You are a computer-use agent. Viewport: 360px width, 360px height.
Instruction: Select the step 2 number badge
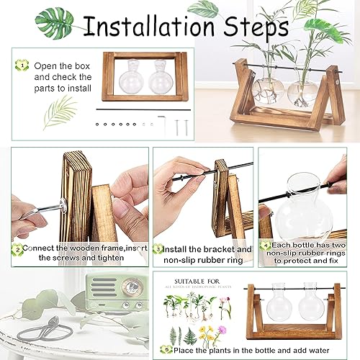coord(17,251)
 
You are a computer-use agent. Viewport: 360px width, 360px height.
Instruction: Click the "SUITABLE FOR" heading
coord(193,276)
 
